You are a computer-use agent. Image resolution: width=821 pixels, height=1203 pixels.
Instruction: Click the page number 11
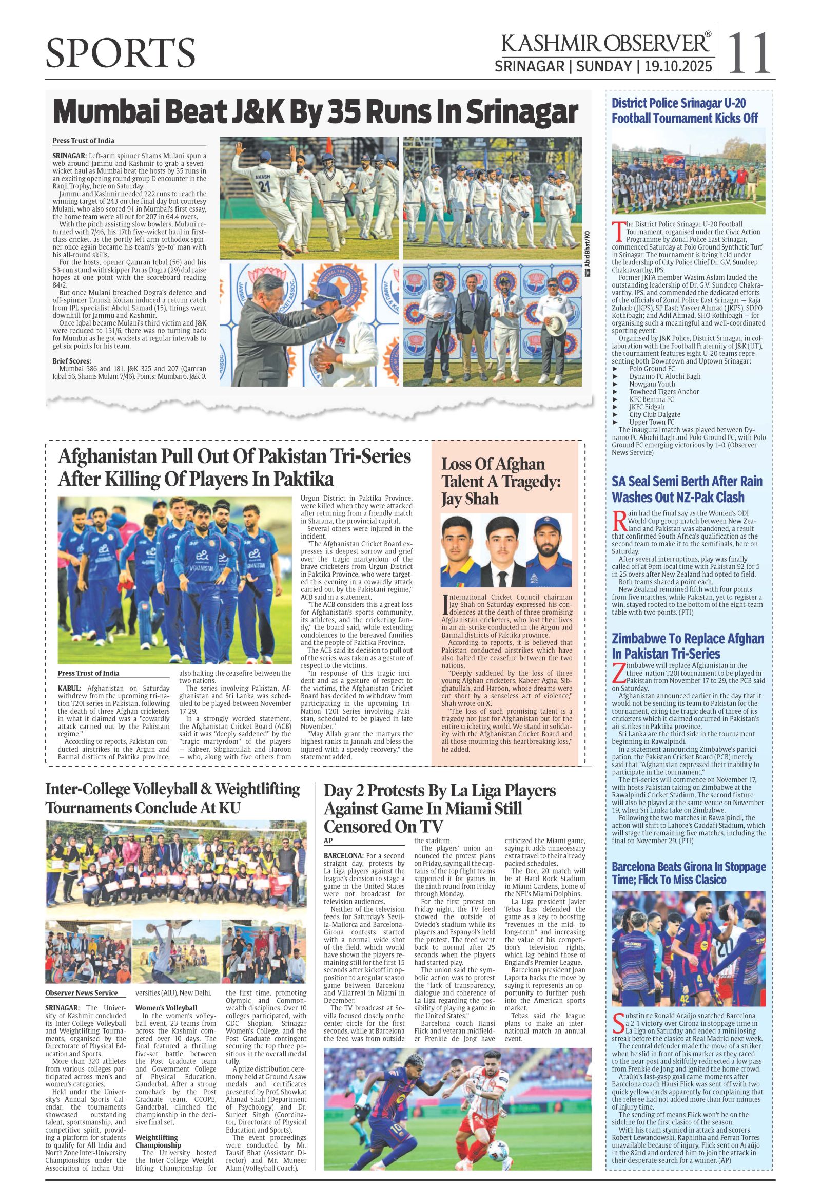tap(750, 53)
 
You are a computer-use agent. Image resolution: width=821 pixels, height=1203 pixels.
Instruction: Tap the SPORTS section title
tap(121, 53)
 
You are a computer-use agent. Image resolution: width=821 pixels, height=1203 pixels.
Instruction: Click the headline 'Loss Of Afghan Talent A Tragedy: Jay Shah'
tap(500, 481)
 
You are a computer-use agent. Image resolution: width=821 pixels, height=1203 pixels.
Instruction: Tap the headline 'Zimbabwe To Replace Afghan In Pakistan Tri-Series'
tap(688, 645)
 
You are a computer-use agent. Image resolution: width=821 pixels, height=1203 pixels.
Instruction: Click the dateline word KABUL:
tap(69, 688)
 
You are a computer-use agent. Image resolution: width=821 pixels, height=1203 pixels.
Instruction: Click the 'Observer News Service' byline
tap(81, 993)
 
